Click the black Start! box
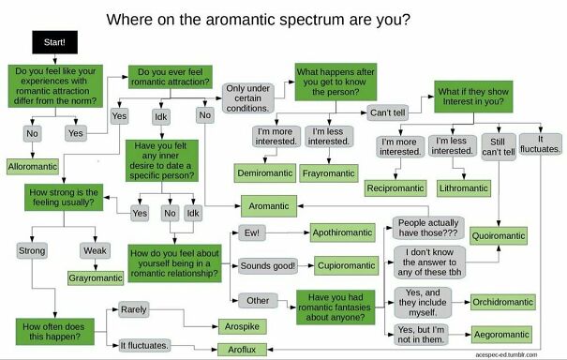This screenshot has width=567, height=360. pyautogui.click(x=55, y=42)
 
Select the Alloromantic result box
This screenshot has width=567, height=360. pyautogui.click(x=34, y=165)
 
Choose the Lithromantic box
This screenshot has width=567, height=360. pyautogui.click(x=463, y=187)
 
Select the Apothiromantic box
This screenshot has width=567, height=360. pyautogui.click(x=344, y=231)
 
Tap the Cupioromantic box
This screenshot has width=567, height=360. pyautogui.click(x=346, y=266)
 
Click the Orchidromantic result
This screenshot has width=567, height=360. pyautogui.click(x=502, y=302)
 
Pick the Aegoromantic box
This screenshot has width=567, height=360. pyautogui.click(x=502, y=335)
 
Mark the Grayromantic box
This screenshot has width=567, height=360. pyautogui.click(x=97, y=278)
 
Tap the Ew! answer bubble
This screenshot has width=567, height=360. pyautogui.click(x=252, y=231)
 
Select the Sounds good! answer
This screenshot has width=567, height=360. pyautogui.click(x=269, y=266)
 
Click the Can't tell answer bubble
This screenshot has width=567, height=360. pyautogui.click(x=387, y=112)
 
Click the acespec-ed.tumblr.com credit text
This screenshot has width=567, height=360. pyautogui.click(x=520, y=355)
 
